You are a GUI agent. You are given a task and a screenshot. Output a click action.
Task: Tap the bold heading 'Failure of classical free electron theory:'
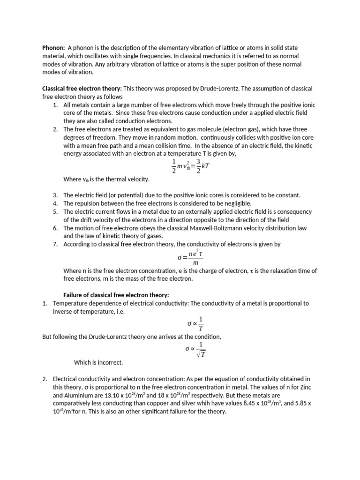(x=116, y=294)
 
